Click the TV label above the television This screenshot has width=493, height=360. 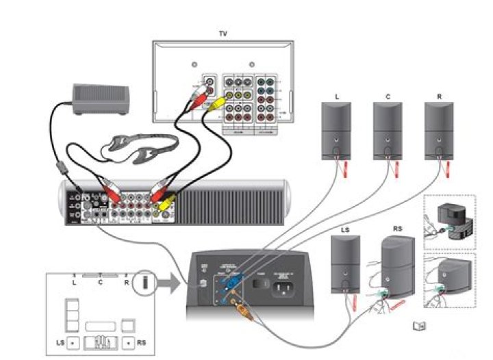tap(223, 34)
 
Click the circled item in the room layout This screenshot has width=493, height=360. tap(144, 282)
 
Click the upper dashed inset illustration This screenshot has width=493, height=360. tap(451, 222)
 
